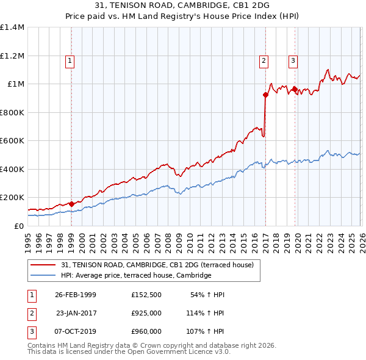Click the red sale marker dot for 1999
[71, 204]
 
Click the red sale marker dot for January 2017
[265, 95]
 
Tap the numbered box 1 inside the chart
[70, 60]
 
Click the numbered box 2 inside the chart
[264, 60]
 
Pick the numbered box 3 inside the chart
[293, 60]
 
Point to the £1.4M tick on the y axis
[12, 27]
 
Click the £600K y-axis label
[12, 141]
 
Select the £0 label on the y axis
[18, 226]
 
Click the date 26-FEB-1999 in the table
[76, 295]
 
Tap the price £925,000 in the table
[146, 313]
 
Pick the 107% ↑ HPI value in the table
[206, 331]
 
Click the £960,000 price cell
[146, 331]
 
